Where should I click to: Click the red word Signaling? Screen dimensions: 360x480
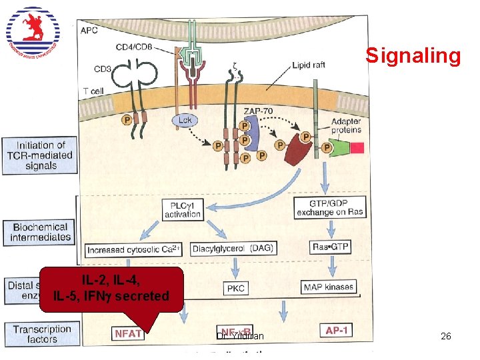(x=413, y=56)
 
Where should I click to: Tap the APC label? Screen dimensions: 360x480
(x=89, y=29)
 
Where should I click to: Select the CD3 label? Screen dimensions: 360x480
(x=102, y=68)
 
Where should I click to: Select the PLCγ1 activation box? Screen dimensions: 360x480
(x=183, y=209)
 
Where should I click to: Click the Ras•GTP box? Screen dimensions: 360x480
(x=330, y=247)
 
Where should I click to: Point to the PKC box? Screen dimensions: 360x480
(x=235, y=288)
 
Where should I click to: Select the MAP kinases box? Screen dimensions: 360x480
(x=329, y=287)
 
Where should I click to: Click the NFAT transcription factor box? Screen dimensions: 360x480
(x=128, y=333)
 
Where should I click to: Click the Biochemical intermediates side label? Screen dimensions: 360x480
(x=40, y=231)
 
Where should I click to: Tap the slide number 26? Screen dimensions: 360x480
(x=446, y=337)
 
